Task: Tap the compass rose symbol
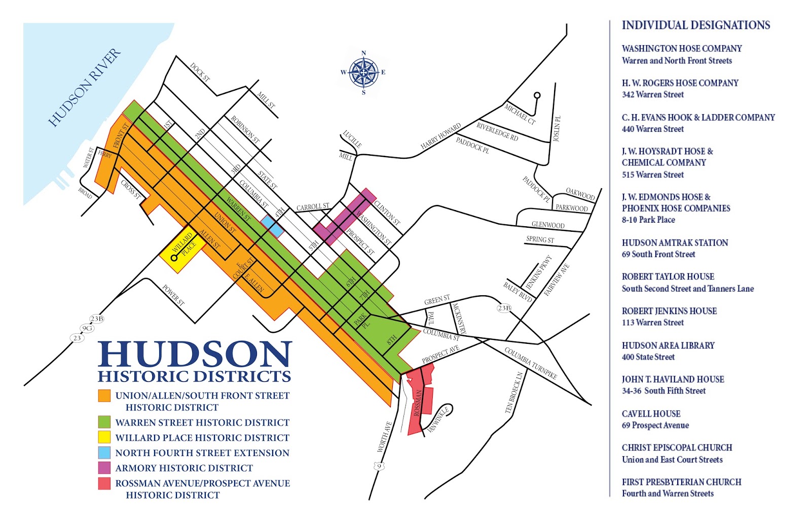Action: [x=363, y=73]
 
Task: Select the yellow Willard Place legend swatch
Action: [x=104, y=437]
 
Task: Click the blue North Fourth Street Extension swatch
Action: [x=104, y=452]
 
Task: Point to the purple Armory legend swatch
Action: [x=104, y=467]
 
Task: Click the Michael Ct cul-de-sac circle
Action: [x=537, y=95]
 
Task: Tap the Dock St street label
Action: [x=200, y=72]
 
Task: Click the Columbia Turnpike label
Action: [x=530, y=363]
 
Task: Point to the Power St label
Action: [x=173, y=295]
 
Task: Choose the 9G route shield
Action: [x=87, y=328]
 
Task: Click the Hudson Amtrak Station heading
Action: [x=675, y=243]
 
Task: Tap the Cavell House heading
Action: [x=651, y=414]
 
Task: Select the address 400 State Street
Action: [x=648, y=357]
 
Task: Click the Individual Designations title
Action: [x=695, y=25]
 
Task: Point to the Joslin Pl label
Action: [x=557, y=129]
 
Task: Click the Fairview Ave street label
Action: [x=557, y=280]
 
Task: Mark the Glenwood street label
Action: [x=548, y=225]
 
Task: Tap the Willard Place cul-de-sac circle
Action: [x=174, y=258]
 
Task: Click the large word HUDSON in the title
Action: [x=195, y=354]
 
